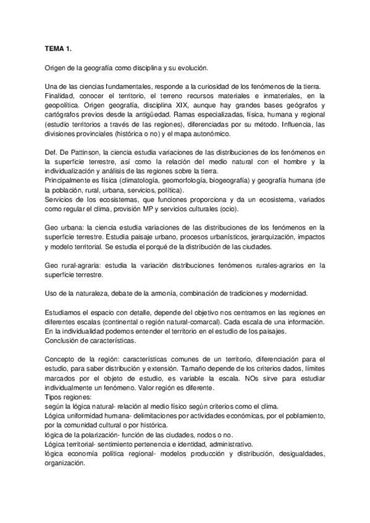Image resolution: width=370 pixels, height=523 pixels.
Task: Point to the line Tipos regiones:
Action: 69,398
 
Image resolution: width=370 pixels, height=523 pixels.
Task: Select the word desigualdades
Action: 293,453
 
